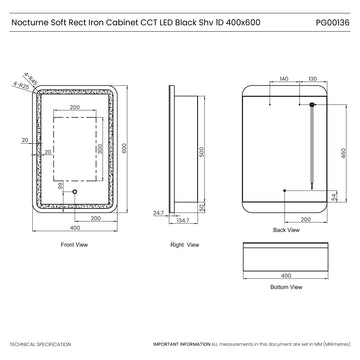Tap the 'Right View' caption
(182, 244)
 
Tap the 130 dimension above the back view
(312, 77)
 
